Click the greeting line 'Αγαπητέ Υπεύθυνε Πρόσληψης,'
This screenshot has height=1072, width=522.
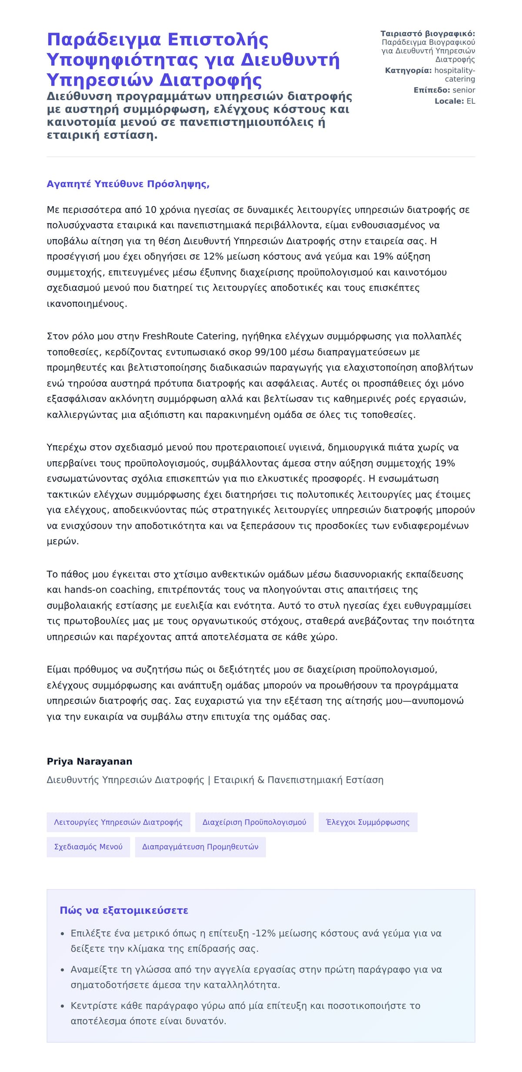point(128,184)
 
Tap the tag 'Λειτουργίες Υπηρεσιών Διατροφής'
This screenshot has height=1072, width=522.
point(118,822)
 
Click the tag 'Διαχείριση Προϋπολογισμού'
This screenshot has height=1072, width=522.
point(254,822)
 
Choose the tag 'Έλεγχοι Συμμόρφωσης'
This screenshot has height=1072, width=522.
point(368,822)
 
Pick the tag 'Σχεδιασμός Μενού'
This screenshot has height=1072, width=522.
point(88,846)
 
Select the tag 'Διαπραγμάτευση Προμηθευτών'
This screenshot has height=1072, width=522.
point(200,846)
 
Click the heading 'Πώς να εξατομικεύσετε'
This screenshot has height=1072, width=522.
point(124,910)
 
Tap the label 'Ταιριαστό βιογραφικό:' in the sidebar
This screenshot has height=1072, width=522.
point(428,33)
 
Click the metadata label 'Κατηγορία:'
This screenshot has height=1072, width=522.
point(408,70)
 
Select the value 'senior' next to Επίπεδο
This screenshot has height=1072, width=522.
point(464,90)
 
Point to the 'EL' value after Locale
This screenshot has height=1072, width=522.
point(471,101)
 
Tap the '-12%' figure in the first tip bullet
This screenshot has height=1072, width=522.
point(264,933)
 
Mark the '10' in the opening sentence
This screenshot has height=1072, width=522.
point(151,210)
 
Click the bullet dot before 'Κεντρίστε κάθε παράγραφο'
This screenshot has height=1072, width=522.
point(63,1006)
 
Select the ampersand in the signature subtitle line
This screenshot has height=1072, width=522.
point(261,780)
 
